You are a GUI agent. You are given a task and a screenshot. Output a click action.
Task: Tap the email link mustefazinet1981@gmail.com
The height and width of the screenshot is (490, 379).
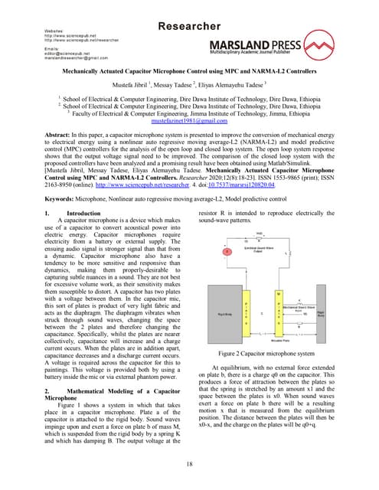pyautogui.click(x=189, y=120)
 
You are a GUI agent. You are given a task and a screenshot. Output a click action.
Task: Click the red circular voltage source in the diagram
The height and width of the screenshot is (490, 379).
pyautogui.click(x=226, y=250)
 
